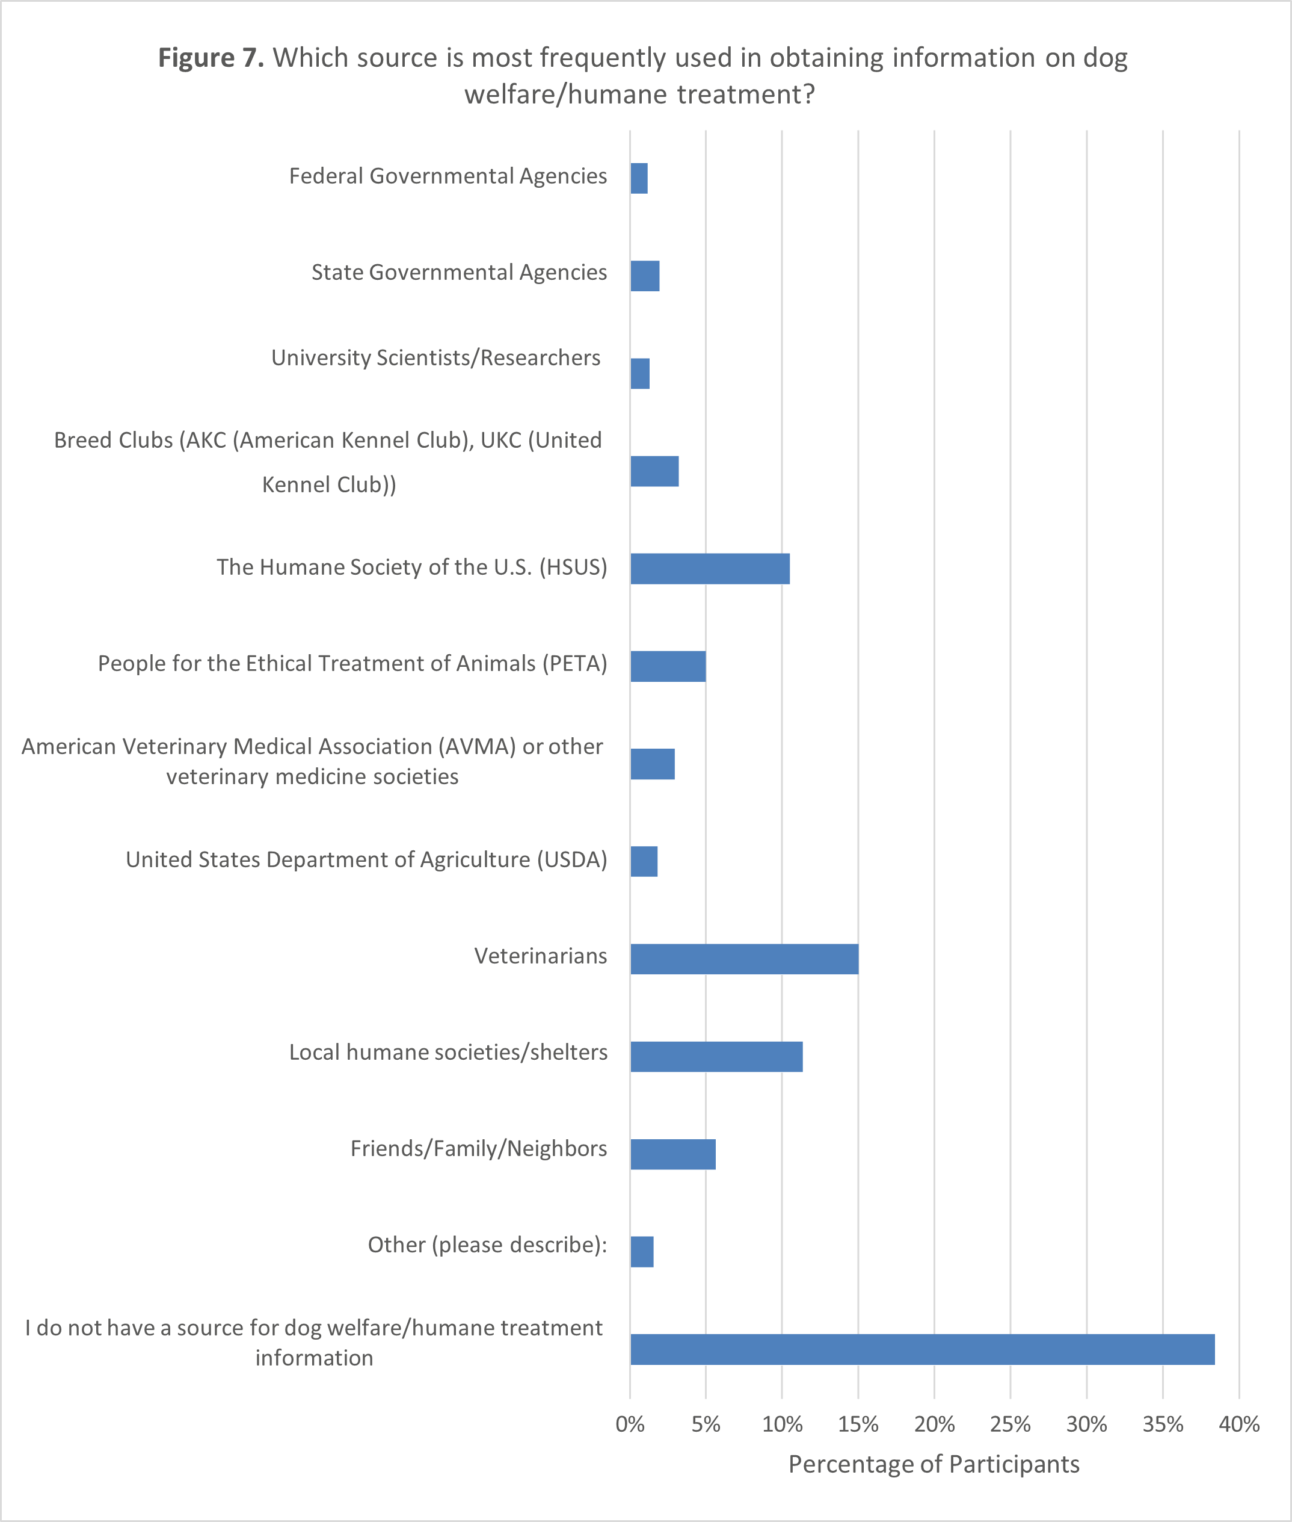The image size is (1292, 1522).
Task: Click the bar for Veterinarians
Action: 743,959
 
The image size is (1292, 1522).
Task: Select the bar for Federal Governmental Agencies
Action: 639,178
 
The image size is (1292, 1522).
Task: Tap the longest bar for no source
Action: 921,1349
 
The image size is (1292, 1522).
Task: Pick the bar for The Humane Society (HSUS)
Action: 710,569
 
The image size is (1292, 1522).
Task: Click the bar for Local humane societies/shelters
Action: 716,1057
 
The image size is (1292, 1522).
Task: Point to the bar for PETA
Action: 667,666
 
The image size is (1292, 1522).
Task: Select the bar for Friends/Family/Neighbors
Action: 672,1154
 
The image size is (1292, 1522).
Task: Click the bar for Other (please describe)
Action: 642,1252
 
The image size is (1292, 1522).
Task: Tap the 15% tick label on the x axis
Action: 858,1424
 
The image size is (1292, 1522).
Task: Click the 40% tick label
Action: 1238,1424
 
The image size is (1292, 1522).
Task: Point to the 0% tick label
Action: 630,1424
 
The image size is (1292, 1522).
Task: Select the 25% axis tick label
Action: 1010,1424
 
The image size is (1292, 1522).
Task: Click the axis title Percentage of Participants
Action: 934,1464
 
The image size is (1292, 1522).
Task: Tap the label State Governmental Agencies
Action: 458,272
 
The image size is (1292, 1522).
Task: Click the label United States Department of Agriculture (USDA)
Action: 366,859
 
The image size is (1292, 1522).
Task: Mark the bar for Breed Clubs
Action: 654,471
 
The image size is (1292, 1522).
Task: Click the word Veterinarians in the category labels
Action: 541,956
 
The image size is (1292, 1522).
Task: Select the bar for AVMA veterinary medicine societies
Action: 652,764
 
